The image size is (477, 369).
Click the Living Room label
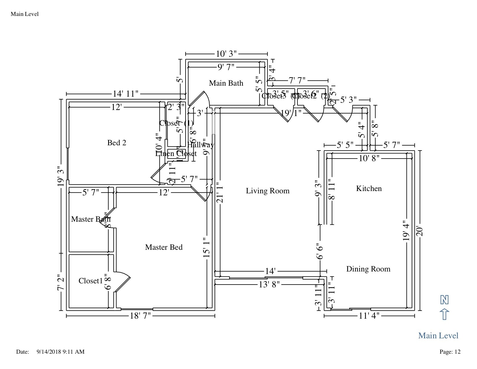click(267, 191)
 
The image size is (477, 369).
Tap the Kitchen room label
click(369, 188)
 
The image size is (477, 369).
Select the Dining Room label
click(368, 269)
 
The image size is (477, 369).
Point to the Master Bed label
click(164, 247)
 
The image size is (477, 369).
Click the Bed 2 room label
click(117, 142)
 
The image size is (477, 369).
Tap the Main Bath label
click(226, 83)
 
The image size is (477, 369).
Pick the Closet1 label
click(90, 281)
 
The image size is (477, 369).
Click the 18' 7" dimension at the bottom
click(140, 316)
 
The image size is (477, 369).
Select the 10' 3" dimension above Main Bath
click(226, 54)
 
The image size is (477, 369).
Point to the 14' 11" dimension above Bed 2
click(125, 94)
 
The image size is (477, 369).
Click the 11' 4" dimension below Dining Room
click(369, 316)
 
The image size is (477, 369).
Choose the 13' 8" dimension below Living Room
click(269, 284)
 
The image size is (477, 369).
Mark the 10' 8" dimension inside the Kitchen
click(369, 158)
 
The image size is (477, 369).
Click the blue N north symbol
click(444, 300)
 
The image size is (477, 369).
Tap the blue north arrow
click(444, 314)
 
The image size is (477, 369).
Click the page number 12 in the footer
click(457, 352)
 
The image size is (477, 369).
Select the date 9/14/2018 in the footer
click(49, 352)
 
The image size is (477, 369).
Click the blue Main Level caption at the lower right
click(438, 335)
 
